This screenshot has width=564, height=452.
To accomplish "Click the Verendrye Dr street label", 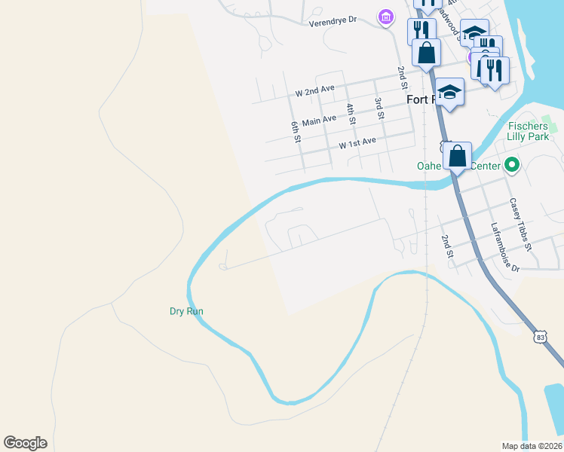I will (332, 23).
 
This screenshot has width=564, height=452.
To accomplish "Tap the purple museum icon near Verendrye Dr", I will (386, 17).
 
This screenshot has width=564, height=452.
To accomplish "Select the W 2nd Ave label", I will (315, 90).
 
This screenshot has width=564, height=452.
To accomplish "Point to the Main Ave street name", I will (319, 120).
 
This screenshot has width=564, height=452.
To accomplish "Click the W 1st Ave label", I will (357, 142).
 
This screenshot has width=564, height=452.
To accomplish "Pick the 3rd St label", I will (380, 108).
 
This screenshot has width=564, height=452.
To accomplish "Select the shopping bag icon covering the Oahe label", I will (458, 157).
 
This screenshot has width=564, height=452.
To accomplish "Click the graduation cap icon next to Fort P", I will (450, 92).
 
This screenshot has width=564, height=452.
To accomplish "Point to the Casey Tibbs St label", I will (520, 224).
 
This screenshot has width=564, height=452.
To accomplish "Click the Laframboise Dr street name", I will (505, 246).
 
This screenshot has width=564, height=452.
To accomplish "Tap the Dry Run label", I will (186, 311).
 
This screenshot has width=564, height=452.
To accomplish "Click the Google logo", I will (25, 443).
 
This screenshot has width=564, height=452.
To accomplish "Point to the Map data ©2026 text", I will (532, 446).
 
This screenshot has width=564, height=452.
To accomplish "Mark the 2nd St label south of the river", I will (446, 246).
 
